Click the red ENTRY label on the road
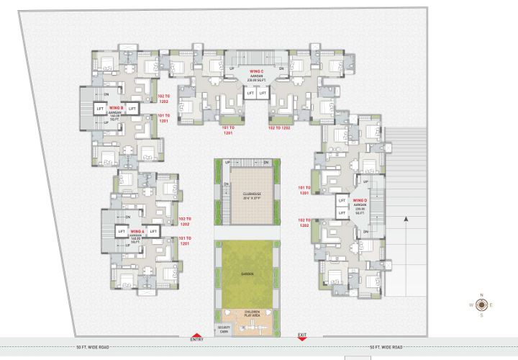[x=196, y=339]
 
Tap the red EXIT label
[x=302, y=335]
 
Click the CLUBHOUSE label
[x=250, y=194]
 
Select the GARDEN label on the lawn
[x=245, y=274]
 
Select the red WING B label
[x=117, y=108]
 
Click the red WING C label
[x=257, y=72]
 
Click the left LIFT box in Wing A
[x=121, y=231]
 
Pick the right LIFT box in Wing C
[x=263, y=94]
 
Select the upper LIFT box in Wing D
[x=342, y=201]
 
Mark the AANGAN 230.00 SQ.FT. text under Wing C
[x=257, y=79]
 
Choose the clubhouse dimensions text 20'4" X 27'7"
[x=250, y=199]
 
